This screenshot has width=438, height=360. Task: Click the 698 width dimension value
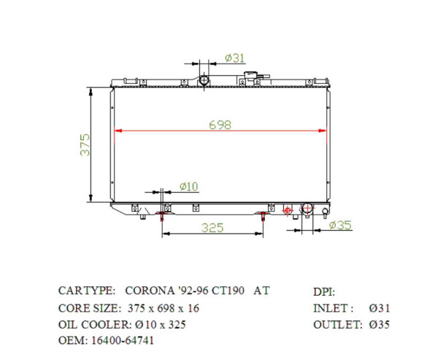pos(220,125)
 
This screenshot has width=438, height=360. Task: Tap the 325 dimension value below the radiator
pos(212,228)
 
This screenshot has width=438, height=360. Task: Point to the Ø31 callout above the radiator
pos(234,58)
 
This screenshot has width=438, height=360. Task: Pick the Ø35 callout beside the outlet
pos(339,225)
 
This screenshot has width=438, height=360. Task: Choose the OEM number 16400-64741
pos(122,340)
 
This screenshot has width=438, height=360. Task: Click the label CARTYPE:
pos(86,291)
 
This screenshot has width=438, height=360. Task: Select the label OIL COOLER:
pos(93,324)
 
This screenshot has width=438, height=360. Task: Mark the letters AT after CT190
pos(261,291)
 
